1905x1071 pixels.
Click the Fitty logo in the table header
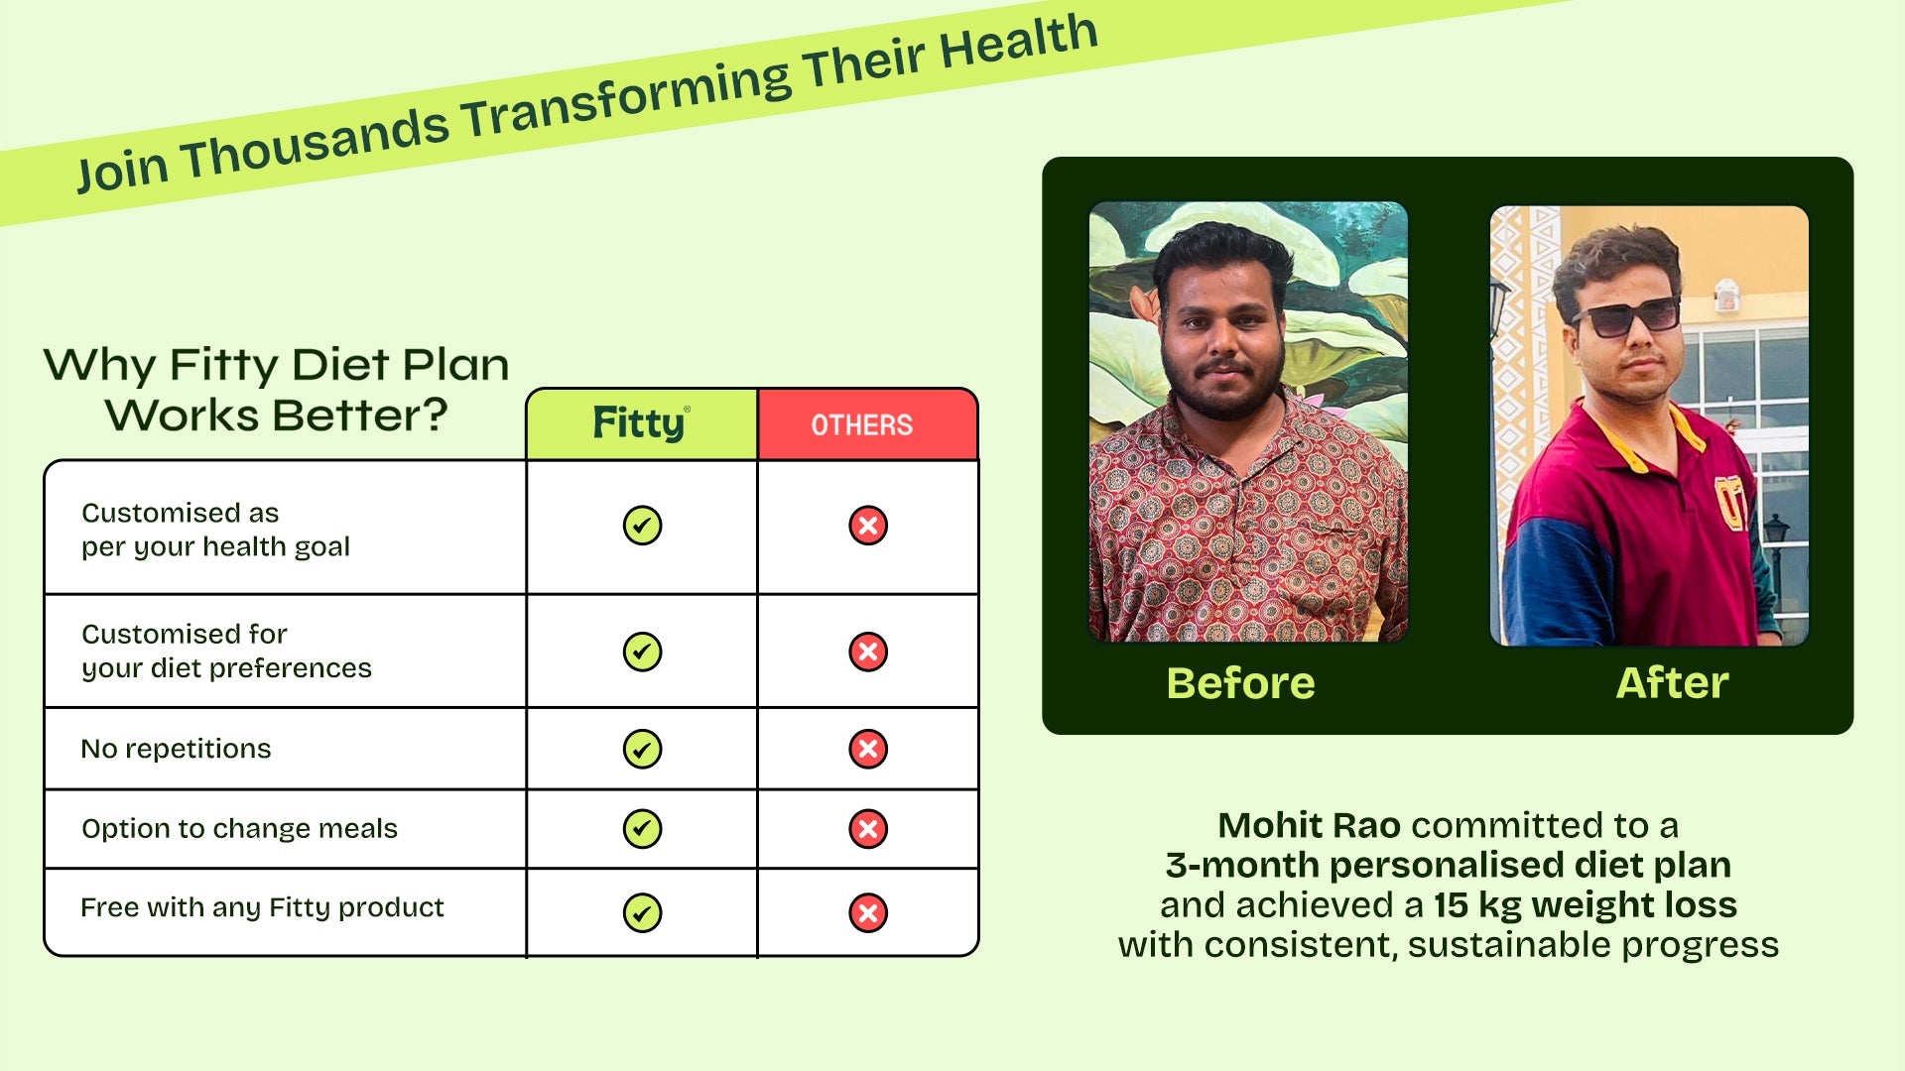click(x=641, y=423)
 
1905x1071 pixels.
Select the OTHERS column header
click(x=862, y=425)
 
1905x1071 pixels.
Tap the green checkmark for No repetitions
click(x=642, y=749)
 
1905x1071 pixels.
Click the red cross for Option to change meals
click(x=868, y=828)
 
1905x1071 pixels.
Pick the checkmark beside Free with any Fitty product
click(x=642, y=912)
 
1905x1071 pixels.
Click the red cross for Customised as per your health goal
click(x=868, y=525)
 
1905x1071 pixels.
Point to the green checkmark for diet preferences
click(x=642, y=652)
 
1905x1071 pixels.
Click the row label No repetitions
click(x=176, y=749)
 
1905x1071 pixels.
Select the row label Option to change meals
click(x=239, y=828)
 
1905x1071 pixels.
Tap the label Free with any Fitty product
click(x=262, y=907)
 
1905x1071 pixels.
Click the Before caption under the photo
click(x=1241, y=683)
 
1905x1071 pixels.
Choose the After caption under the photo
click(x=1673, y=683)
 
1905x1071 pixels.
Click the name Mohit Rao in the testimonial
click(x=1309, y=825)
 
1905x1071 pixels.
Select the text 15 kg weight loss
click(x=1586, y=905)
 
